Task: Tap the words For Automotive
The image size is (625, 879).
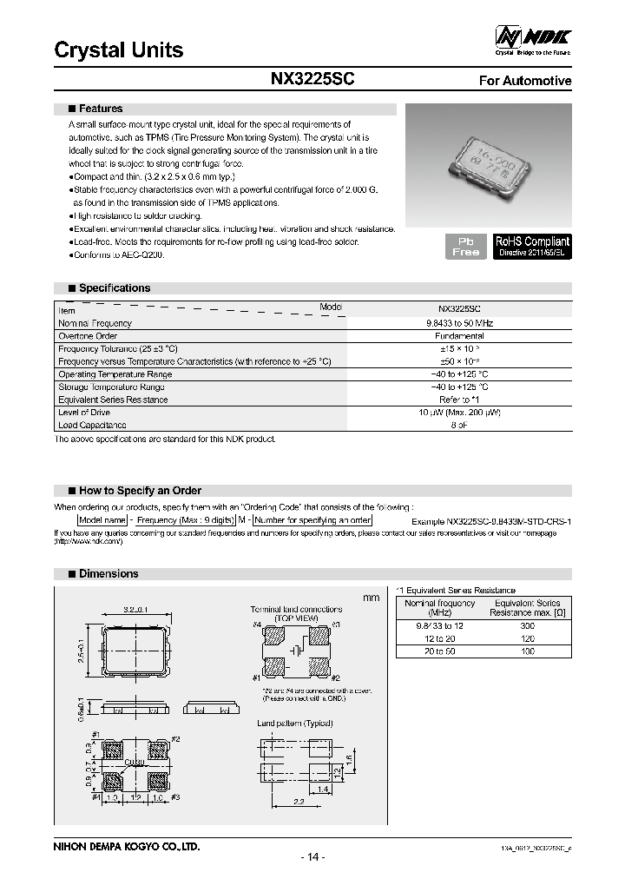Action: (x=525, y=81)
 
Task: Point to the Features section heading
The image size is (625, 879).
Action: (x=100, y=109)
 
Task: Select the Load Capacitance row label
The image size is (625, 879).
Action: (x=92, y=426)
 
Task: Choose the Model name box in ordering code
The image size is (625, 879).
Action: (x=103, y=519)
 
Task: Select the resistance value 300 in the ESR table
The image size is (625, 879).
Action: (x=527, y=625)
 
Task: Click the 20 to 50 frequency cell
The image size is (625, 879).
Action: (x=440, y=651)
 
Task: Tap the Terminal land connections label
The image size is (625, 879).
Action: (x=296, y=610)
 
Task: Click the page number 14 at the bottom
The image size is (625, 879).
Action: (x=312, y=857)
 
